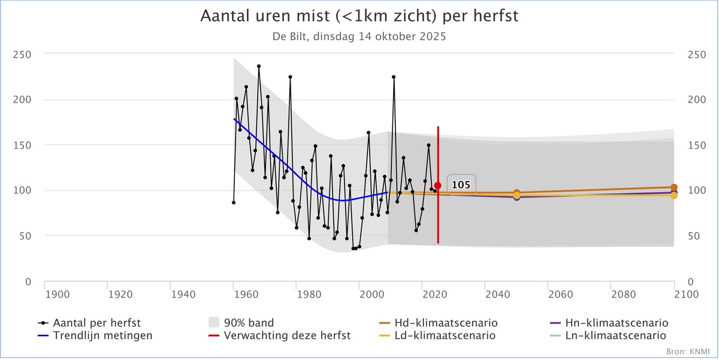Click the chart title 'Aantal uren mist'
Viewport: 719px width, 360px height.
point(359,17)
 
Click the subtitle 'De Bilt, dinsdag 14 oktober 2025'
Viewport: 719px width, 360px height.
point(359,36)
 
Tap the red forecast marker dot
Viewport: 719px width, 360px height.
point(438,186)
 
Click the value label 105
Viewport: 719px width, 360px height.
point(460,185)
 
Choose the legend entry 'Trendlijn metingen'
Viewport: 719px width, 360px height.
point(102,335)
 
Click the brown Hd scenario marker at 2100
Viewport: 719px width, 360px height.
point(674,187)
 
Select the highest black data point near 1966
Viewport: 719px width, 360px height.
point(259,66)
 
